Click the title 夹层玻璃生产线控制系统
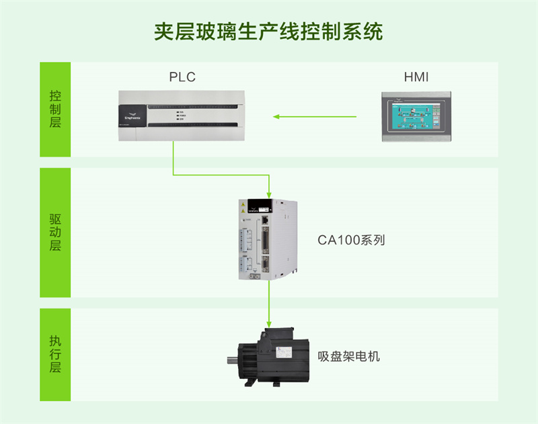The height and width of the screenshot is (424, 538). tap(268, 32)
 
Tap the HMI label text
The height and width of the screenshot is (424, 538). tap(416, 77)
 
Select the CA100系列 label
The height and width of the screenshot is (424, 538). tap(351, 240)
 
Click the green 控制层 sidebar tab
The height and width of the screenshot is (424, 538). tap(55, 110)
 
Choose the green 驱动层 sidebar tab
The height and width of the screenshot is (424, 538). tap(55, 232)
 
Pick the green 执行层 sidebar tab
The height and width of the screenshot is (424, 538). tap(55, 354)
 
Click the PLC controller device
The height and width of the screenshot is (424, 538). tap(178, 115)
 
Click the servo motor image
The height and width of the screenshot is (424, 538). tap(269, 356)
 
